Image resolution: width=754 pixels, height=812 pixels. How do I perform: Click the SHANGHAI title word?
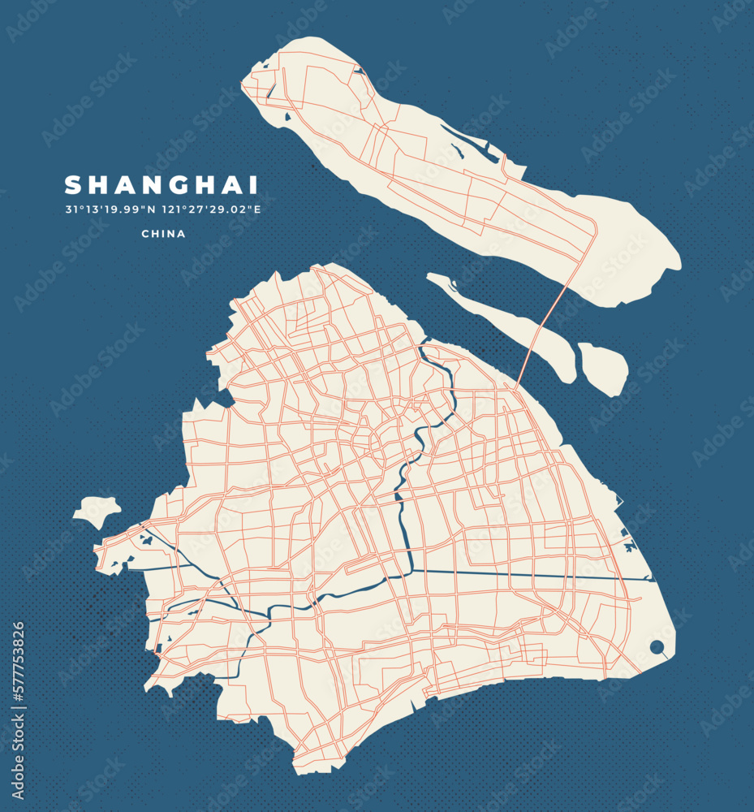162,185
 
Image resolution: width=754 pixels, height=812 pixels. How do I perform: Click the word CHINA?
163,234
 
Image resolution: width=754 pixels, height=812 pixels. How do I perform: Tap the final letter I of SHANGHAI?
254,185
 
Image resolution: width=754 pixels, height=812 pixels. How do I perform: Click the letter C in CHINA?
144,234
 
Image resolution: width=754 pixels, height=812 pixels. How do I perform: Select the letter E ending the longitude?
257,209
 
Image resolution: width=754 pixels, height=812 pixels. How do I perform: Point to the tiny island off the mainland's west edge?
97,512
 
